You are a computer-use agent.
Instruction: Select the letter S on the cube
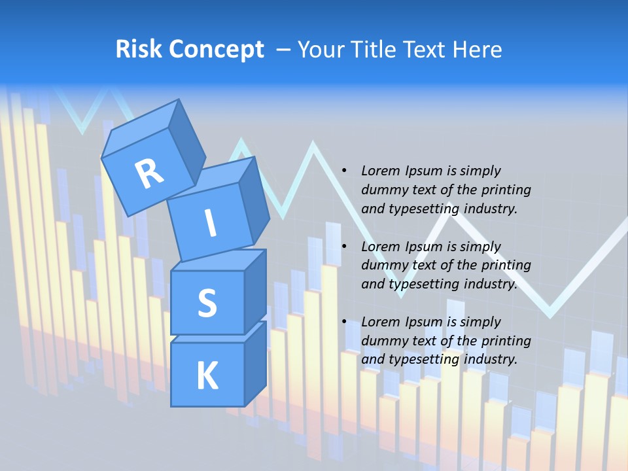coord(207,304)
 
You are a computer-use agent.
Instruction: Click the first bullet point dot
coord(344,171)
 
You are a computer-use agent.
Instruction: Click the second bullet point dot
coord(344,247)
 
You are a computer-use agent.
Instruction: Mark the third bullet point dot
coord(344,323)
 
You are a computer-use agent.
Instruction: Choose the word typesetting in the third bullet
coord(419,359)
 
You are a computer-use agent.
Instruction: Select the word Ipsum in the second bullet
coord(423,247)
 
